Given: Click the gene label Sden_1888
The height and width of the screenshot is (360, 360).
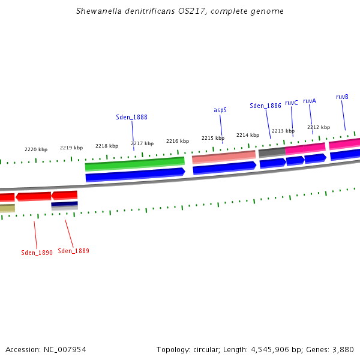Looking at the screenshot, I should [x=131, y=118].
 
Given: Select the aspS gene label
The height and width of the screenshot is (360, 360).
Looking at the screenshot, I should [x=220, y=110].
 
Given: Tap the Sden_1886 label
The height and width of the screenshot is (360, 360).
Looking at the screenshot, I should [x=265, y=106].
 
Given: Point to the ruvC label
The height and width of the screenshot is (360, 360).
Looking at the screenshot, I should [x=292, y=103].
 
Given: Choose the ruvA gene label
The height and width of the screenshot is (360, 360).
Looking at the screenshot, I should [x=310, y=101].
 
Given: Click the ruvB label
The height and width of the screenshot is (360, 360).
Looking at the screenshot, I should [x=342, y=97].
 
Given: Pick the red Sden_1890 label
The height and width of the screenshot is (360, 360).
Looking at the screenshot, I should [x=37, y=253].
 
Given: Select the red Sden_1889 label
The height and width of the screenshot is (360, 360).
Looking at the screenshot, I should [x=73, y=251].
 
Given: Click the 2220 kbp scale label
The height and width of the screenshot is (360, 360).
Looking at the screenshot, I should [x=36, y=149].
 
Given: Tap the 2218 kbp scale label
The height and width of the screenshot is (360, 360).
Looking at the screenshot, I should [x=107, y=146].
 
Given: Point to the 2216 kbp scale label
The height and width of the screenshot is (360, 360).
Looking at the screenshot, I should [x=178, y=141].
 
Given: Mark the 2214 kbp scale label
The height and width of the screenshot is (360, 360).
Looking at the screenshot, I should [x=248, y=135].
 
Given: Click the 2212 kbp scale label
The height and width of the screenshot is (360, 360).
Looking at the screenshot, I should [x=319, y=127].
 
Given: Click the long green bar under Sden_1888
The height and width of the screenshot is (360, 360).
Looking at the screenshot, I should [x=135, y=163].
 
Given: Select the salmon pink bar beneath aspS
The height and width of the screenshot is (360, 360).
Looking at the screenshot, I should [x=224, y=157].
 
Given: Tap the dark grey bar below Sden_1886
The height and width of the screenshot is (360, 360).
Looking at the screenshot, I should [x=272, y=152].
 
